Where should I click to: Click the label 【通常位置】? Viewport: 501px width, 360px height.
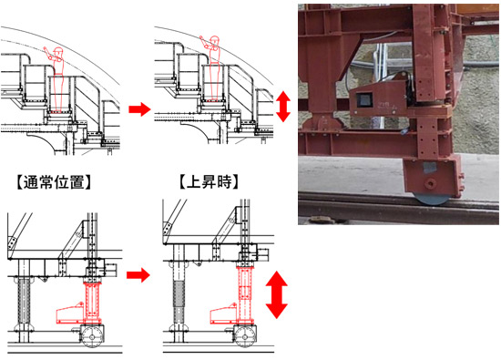click(54, 182)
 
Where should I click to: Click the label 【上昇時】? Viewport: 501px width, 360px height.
click(209, 182)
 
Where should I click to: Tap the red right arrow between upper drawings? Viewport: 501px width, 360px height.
click(139, 109)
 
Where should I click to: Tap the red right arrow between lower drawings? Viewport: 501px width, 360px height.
click(138, 275)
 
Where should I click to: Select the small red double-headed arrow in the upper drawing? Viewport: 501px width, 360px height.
click(283, 107)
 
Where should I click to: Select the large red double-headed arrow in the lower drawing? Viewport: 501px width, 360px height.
click(277, 294)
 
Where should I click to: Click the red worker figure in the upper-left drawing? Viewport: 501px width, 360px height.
click(56, 79)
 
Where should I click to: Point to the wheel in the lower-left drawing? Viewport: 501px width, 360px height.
click(92, 337)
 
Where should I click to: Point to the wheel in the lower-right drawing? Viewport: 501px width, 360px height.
click(245, 337)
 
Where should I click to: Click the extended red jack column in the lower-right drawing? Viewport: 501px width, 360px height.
click(245, 294)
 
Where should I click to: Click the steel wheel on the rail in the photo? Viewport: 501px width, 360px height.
click(431, 199)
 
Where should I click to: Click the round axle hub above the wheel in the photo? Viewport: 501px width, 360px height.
click(430, 183)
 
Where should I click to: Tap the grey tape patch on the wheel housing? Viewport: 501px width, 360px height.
click(430, 167)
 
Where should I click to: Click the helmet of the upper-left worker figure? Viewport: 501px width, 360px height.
click(57, 50)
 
